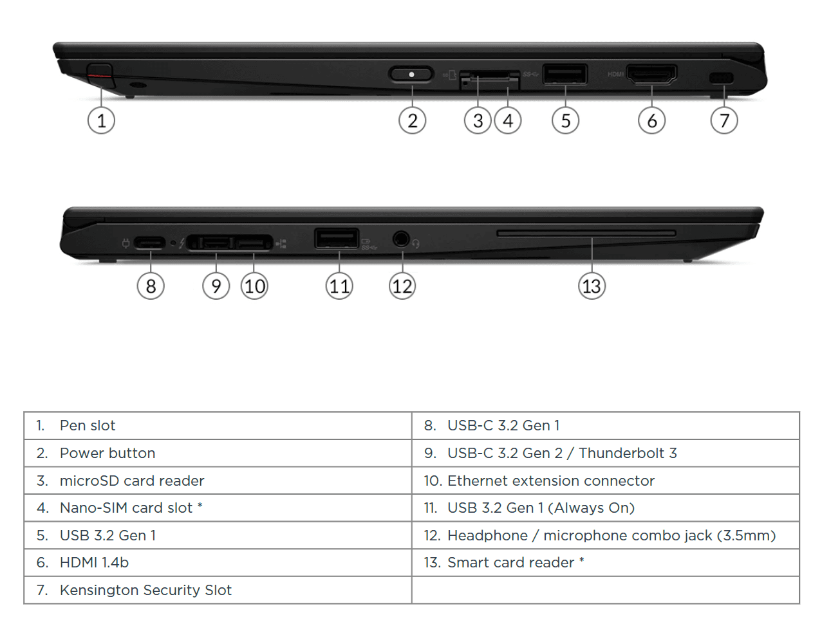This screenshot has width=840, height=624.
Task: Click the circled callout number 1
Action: [x=101, y=120]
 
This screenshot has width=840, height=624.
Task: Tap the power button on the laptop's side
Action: [x=411, y=74]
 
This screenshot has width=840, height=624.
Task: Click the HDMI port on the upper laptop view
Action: [x=651, y=75]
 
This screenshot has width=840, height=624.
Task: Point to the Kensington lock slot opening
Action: [x=720, y=78]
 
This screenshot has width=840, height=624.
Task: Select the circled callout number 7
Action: [x=724, y=120]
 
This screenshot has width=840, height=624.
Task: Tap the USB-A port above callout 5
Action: [x=565, y=73]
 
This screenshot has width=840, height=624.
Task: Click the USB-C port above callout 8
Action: [x=149, y=243]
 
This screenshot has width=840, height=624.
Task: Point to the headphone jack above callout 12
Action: [x=401, y=239]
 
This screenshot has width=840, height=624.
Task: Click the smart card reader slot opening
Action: [x=586, y=233]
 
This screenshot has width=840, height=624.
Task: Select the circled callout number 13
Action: [x=592, y=286]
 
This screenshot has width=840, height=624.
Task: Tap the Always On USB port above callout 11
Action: [x=336, y=238]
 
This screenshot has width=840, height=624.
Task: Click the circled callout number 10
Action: [x=254, y=286]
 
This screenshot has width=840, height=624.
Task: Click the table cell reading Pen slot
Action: [x=88, y=425]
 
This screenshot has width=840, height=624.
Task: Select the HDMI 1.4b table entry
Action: [x=94, y=563]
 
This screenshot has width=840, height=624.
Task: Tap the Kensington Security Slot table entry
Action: [x=145, y=590]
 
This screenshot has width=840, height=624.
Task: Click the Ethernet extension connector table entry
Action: [x=550, y=481]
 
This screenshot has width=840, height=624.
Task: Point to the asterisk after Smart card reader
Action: [x=582, y=560]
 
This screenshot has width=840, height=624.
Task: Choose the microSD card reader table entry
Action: [x=132, y=481]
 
